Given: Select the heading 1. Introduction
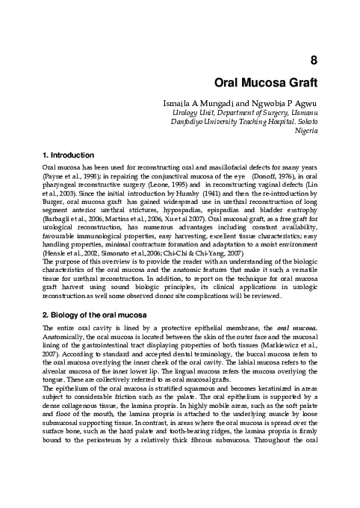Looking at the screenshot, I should (69, 155).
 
